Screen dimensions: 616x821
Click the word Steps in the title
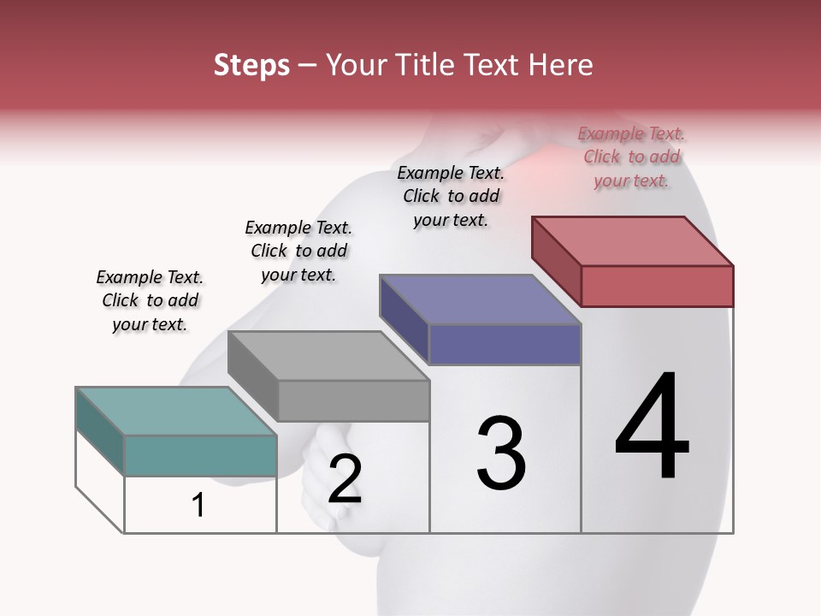point(251,65)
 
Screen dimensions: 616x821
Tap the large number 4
point(652,428)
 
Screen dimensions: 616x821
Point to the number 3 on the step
point(500,453)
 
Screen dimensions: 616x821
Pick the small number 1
point(198,506)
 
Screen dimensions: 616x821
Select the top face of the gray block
point(328,355)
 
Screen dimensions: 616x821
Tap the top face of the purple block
point(480,299)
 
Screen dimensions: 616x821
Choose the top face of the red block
point(632,241)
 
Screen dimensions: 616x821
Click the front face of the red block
point(657,286)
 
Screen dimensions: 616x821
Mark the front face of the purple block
point(505,344)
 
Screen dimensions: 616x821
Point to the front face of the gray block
point(353,400)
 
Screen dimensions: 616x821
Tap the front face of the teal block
point(200,455)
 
